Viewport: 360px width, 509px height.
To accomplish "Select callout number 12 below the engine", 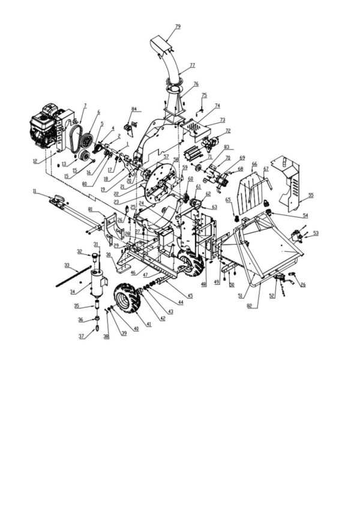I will coord(35,161).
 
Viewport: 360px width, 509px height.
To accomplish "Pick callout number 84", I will coord(134,110).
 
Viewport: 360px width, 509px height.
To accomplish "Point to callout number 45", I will coord(190,296).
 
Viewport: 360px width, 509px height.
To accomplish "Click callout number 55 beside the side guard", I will coord(310,195).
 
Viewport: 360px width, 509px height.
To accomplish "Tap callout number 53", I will coord(316,233).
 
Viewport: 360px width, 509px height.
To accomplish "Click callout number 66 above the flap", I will coord(254,164).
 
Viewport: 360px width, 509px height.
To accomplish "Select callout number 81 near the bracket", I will coord(90,209).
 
